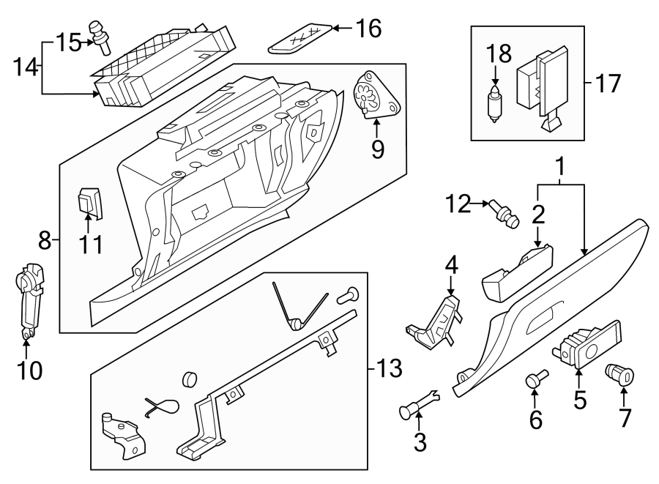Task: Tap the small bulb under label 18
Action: click(495, 105)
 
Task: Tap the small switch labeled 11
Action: click(89, 203)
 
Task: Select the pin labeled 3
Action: click(415, 404)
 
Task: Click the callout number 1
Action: click(560, 168)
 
